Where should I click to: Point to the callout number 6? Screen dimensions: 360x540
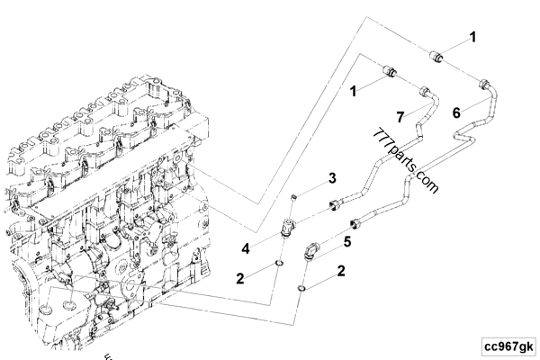(x=456, y=113)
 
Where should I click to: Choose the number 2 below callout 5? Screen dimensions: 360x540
(x=340, y=270)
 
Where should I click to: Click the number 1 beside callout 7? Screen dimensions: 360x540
(x=355, y=90)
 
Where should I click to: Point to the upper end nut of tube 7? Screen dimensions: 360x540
(x=423, y=90)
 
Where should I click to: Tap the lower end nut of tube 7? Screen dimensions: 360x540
(x=337, y=203)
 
